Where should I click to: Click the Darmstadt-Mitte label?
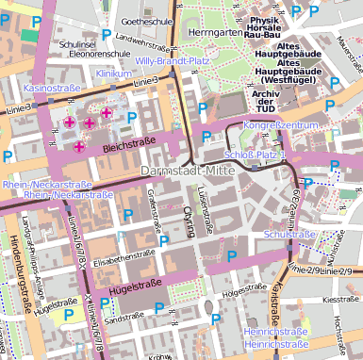coord(182,172)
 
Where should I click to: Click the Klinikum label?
coord(113,73)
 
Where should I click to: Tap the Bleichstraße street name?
coord(127,148)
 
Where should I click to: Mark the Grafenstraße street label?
coord(154,209)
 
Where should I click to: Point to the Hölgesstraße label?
coord(239,294)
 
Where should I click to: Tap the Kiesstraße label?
coord(340,300)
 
